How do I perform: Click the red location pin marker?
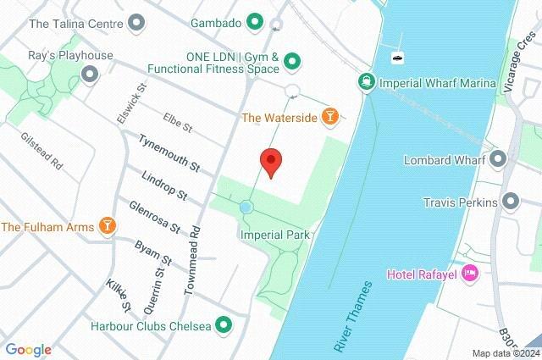(270, 161)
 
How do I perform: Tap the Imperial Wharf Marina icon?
(366, 82)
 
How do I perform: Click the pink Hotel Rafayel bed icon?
(472, 274)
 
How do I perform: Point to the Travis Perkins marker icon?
(511, 202)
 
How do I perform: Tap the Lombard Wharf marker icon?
(497, 158)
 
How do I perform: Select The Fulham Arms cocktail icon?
(107, 225)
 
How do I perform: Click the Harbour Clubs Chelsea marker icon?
(224, 324)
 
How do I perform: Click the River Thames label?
(354, 316)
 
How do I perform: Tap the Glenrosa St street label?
(155, 216)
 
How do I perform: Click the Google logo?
(28, 349)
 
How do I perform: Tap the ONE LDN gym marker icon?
(292, 60)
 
